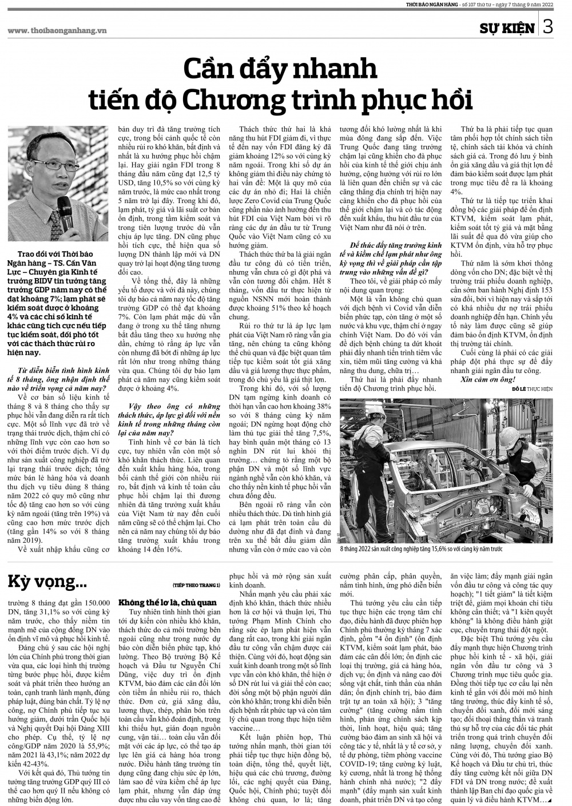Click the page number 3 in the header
[547, 27]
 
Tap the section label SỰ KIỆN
[507, 28]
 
